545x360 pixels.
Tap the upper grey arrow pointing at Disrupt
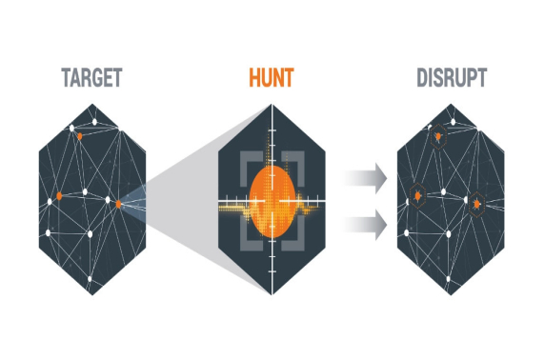click(366, 176)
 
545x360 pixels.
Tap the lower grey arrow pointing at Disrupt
click(366, 225)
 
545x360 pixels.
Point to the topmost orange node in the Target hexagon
click(80, 136)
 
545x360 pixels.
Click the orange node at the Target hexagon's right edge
click(118, 203)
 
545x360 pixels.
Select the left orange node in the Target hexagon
click(59, 196)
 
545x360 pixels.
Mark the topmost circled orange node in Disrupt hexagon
click(438, 140)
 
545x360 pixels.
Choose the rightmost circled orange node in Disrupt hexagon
click(475, 203)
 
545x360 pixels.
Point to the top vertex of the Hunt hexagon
click(272, 103)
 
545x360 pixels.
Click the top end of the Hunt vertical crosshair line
click(272, 108)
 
